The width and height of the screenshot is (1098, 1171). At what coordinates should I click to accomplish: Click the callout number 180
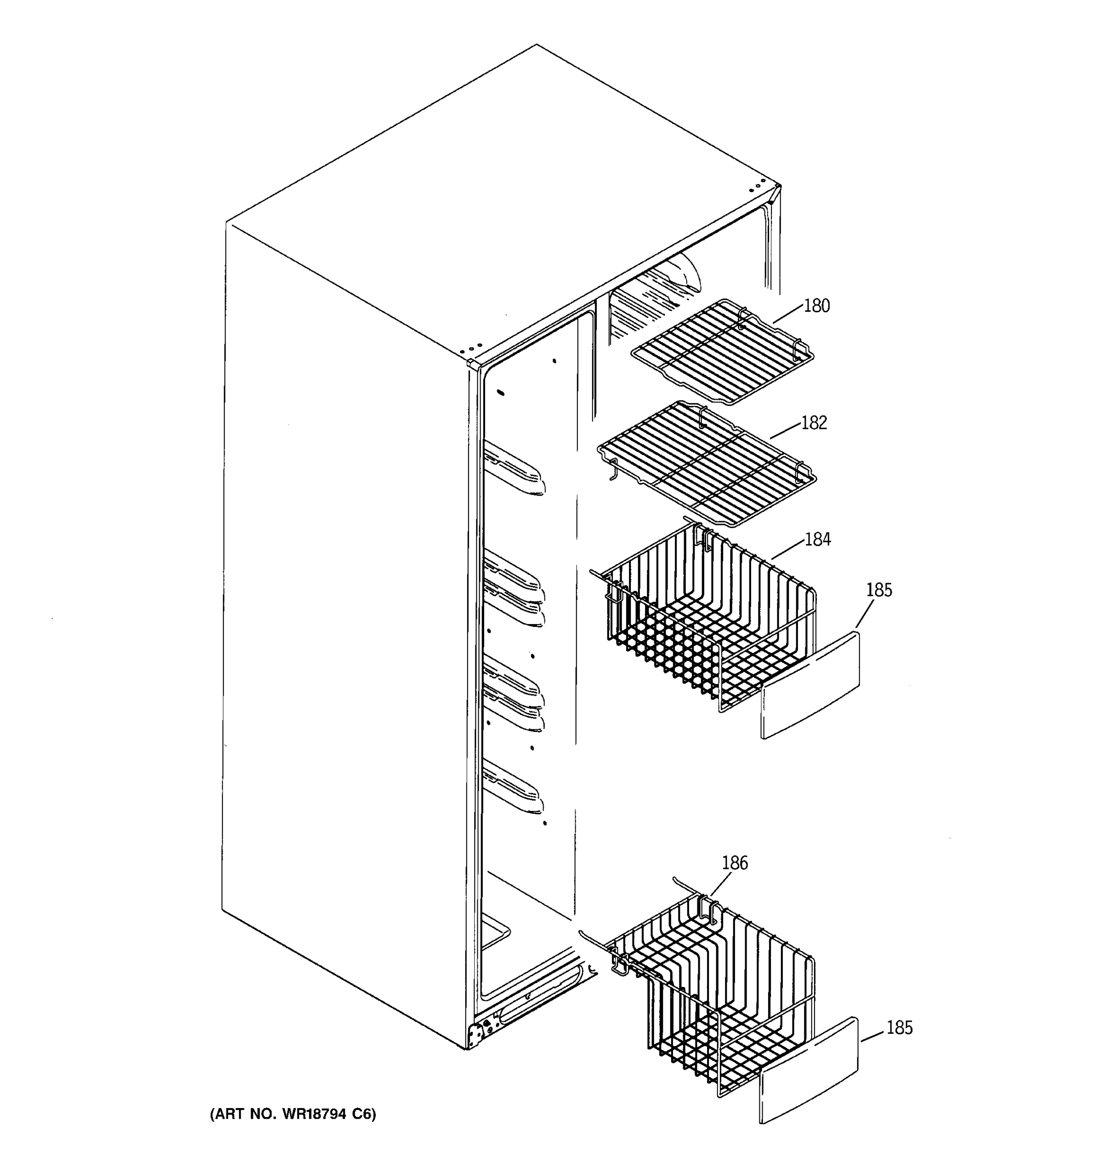coord(816,306)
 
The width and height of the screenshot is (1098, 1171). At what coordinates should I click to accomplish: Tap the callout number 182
coord(814,423)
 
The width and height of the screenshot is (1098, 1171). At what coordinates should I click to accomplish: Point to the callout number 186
coord(734,863)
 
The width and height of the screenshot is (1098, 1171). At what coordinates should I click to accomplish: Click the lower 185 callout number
coord(899,1028)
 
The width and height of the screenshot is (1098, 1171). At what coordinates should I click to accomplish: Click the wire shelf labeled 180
coord(722,353)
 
